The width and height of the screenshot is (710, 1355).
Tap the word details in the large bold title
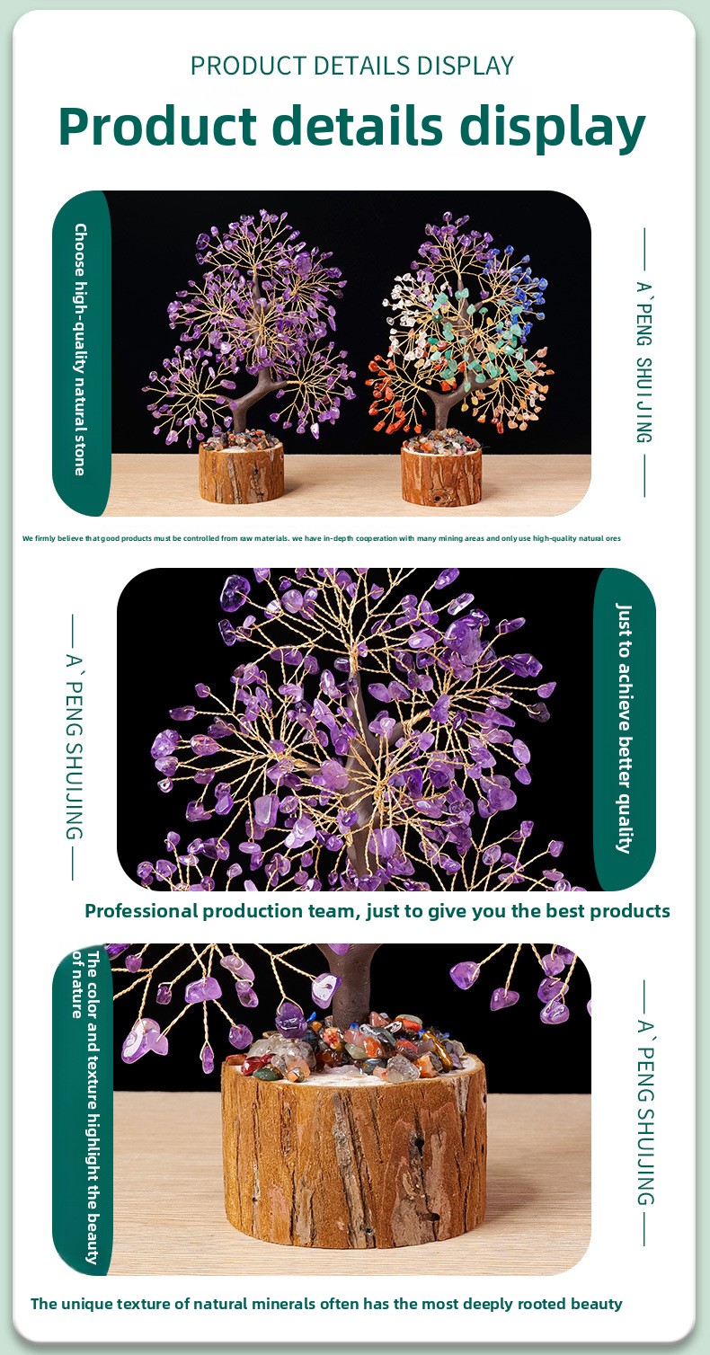click(357, 125)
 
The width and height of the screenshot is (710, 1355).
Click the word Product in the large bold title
click(157, 126)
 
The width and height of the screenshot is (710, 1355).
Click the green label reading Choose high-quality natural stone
click(81, 351)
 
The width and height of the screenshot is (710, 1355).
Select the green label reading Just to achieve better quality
click(625, 728)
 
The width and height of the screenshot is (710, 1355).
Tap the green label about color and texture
click(84, 1108)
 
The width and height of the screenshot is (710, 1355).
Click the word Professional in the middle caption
click(142, 911)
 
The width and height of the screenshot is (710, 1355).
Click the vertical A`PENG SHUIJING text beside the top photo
click(645, 362)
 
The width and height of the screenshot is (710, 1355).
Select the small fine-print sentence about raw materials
click(322, 538)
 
